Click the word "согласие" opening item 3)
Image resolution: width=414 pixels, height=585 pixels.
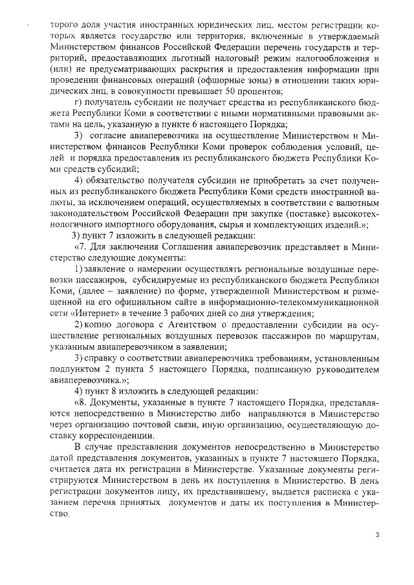click(111, 135)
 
